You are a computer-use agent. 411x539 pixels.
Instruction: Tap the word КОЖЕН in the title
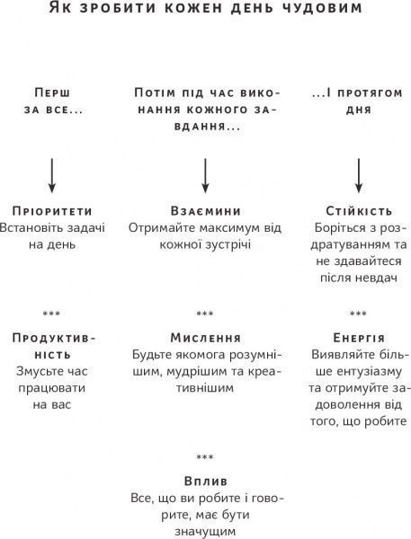tap(188, 12)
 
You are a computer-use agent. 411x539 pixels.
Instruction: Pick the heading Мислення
tap(205, 338)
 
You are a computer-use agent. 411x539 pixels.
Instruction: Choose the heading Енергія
tap(358, 338)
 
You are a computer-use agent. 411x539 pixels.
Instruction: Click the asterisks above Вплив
tap(205, 457)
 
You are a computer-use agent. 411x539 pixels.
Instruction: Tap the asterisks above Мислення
tap(205, 314)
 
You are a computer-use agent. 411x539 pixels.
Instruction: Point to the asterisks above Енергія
tap(358, 314)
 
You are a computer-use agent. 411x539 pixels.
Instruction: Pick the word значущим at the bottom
tap(205, 531)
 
